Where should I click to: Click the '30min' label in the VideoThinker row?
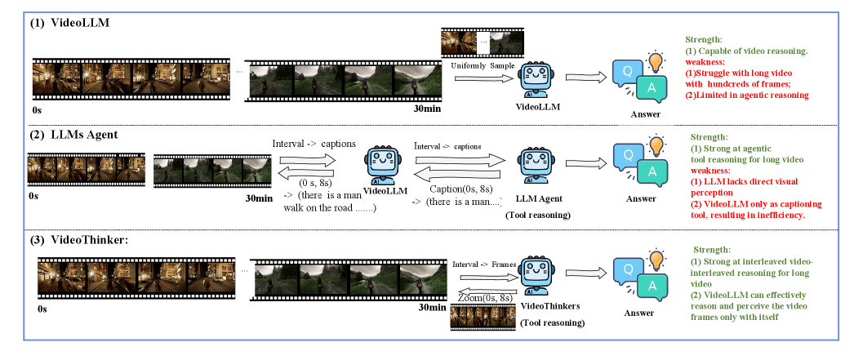pos(432,309)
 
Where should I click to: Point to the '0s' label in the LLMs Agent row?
pos(33,196)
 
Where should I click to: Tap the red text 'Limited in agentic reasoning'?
pos(746,96)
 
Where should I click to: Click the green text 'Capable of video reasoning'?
pos(746,51)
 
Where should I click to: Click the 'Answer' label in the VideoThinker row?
pos(639,312)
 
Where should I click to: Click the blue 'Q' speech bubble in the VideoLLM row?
pos(627,72)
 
